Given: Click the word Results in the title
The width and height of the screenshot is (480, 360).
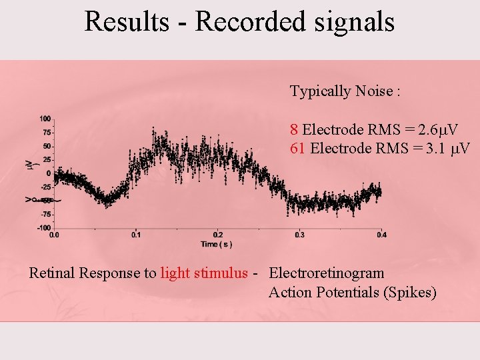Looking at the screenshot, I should pyautogui.click(x=127, y=21).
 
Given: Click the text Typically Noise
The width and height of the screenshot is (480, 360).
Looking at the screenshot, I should pyautogui.click(x=345, y=91).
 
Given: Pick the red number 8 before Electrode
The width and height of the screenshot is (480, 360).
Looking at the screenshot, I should pyautogui.click(x=294, y=129).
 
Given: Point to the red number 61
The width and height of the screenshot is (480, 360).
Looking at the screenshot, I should pyautogui.click(x=298, y=147).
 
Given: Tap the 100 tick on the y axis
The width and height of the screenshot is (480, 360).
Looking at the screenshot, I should pyautogui.click(x=45, y=119).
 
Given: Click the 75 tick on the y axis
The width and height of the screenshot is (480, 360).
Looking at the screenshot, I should pyautogui.click(x=47, y=133).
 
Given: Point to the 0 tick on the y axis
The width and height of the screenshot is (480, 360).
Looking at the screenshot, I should pyautogui.click(x=49, y=173).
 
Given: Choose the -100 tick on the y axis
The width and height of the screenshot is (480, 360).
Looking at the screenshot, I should pyautogui.click(x=43, y=228).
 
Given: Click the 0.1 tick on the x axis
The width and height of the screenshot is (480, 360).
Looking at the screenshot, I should pyautogui.click(x=136, y=235).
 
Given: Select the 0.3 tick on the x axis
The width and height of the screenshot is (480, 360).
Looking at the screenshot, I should pyautogui.click(x=299, y=235).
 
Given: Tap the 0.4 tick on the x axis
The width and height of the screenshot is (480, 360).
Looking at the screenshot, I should pyautogui.click(x=381, y=235).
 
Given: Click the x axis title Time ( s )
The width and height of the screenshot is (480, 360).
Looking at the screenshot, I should pyautogui.click(x=217, y=244).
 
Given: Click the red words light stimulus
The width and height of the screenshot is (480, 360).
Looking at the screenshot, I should pyautogui.click(x=204, y=273).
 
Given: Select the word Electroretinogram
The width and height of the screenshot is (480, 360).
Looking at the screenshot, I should pyautogui.click(x=326, y=273).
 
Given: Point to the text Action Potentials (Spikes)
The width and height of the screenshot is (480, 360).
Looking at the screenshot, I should pyautogui.click(x=352, y=293).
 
